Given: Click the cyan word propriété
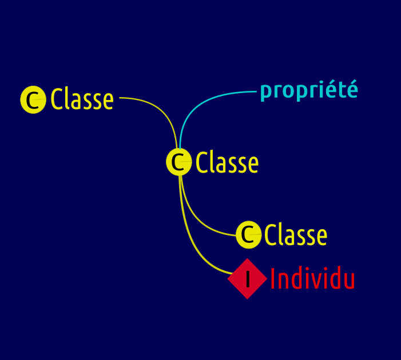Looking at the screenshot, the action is coord(309,90).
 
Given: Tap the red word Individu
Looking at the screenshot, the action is coord(312,278).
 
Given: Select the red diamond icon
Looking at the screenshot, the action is coord(247,278).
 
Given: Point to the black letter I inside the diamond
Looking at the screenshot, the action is coord(248,279).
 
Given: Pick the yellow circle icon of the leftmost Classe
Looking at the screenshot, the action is coord(33,99).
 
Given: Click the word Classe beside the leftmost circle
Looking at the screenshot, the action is coord(82,99).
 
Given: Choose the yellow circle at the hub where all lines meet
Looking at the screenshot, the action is coord(178,162).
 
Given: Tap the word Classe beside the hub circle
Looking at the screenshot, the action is coord(227,162).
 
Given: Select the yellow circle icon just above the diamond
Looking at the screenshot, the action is coord(249,234).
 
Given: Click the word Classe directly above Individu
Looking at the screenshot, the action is coord(296,234).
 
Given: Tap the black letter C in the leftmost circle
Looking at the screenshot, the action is coord(33,100).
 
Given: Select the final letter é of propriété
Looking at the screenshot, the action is coord(352,89).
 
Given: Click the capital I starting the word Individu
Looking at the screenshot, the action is coord(273,278).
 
